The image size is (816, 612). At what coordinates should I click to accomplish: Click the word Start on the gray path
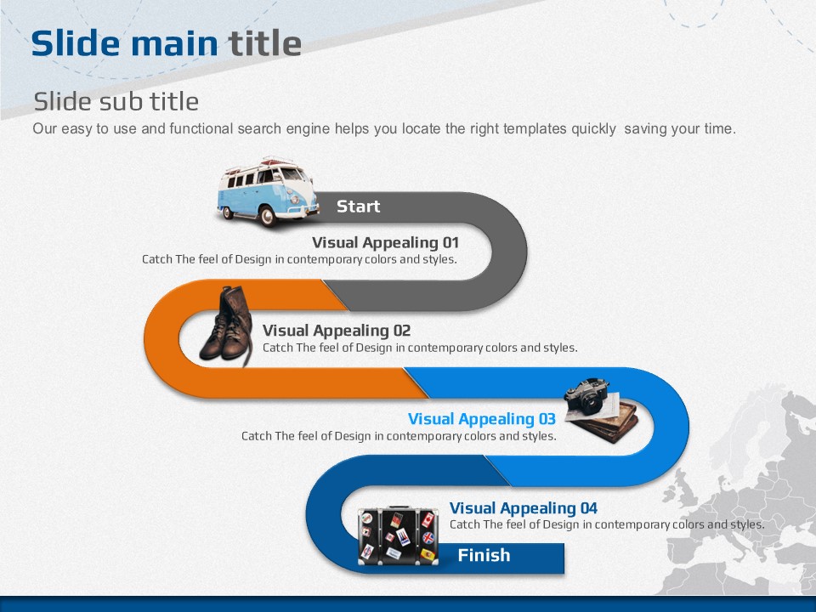pyautogui.click(x=358, y=206)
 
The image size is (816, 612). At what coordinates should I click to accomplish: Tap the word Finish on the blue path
pyautogui.click(x=484, y=555)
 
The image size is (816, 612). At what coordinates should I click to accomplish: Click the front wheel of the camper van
pyautogui.click(x=268, y=216)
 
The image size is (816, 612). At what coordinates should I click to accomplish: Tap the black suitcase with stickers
pyautogui.click(x=398, y=535)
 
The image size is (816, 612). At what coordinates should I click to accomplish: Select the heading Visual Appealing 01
pyautogui.click(x=385, y=242)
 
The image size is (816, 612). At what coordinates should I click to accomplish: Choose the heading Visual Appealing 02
pyautogui.click(x=337, y=331)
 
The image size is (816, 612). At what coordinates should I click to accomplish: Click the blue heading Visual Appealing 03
pyautogui.click(x=481, y=419)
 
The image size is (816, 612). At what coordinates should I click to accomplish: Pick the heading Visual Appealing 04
pyautogui.click(x=523, y=508)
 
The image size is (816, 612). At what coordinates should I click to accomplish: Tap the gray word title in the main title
pyautogui.click(x=265, y=42)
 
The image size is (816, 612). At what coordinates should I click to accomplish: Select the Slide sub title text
pyautogui.click(x=116, y=101)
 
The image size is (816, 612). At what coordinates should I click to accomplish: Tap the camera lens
pyautogui.click(x=592, y=404)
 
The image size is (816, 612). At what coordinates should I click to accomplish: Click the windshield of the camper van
pyautogui.click(x=292, y=174)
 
